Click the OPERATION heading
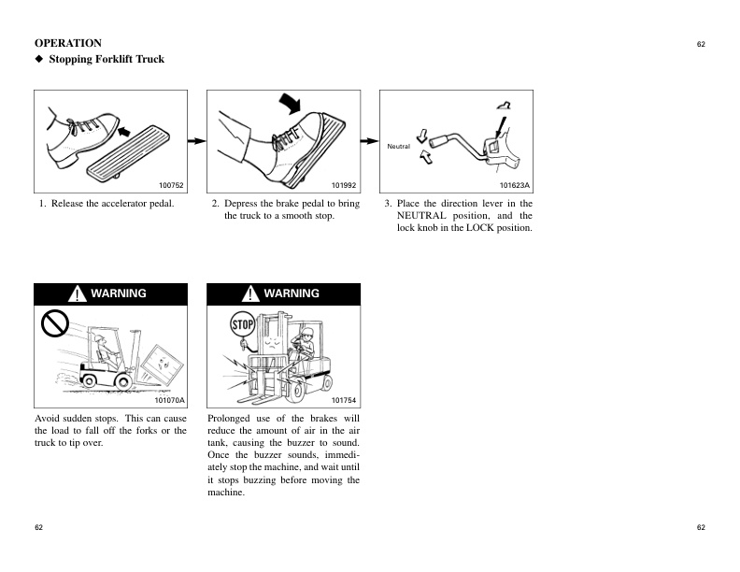coord(68,43)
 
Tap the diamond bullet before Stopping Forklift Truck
coord(39,60)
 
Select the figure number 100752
coord(172,186)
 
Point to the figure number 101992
coord(345,186)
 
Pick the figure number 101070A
coord(169,400)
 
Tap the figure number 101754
coord(345,400)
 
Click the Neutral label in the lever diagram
coord(399,146)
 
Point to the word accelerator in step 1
coord(121,204)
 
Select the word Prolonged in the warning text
coord(231,419)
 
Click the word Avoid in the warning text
coord(48,419)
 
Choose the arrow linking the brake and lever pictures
coord(368,140)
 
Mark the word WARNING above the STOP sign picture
coord(292,293)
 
